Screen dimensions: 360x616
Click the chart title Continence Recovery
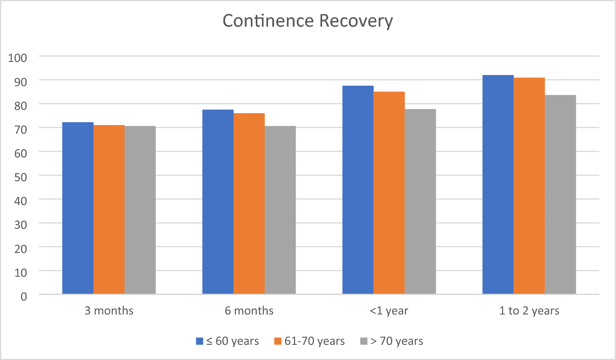tap(307, 21)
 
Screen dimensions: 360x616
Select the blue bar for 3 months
tap(78, 208)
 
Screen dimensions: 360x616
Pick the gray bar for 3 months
tap(140, 210)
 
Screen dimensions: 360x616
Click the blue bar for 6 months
tap(218, 202)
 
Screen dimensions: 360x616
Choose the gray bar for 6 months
tap(280, 210)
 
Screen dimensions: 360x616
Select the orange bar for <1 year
tap(389, 193)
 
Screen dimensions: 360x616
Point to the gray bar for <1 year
tap(420, 201)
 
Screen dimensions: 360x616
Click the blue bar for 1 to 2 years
tap(498, 185)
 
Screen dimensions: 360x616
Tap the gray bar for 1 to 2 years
tap(560, 194)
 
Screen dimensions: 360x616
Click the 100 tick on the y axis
tap(18, 58)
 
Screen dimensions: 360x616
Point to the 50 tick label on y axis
tap(20, 177)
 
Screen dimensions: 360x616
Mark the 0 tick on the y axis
tap(24, 296)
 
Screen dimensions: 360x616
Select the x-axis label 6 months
tap(249, 311)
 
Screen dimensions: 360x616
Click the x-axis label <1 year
tap(389, 311)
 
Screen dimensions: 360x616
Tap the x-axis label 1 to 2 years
tap(529, 311)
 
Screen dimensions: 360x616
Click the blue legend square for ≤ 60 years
tap(200, 341)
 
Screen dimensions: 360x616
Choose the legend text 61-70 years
tap(314, 341)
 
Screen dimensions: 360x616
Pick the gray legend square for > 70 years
tap(364, 341)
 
